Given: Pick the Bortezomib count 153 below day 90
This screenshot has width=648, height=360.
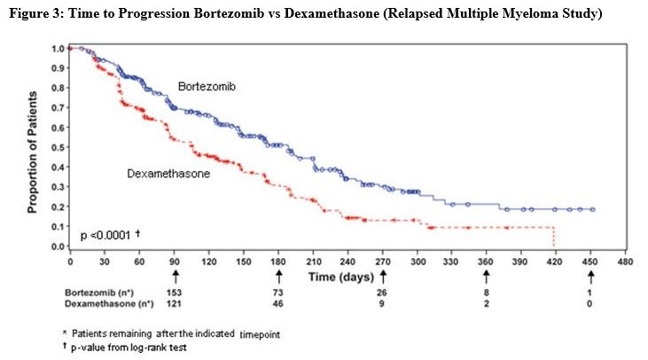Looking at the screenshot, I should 176,292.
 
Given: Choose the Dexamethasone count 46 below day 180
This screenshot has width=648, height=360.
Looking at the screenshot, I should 279,304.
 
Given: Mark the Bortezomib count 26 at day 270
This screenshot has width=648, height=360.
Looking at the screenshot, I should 384,292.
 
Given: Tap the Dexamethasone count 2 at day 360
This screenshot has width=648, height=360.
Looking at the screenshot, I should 486,304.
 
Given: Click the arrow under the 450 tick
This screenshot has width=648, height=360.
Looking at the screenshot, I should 590,277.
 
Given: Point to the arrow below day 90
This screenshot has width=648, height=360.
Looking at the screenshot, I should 176,277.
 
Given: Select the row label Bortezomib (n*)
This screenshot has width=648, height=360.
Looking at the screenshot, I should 93,292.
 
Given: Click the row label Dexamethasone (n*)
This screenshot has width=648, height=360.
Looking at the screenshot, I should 100,304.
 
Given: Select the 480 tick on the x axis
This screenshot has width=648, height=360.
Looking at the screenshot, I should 624,263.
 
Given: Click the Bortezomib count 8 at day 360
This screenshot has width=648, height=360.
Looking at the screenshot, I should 486,292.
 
